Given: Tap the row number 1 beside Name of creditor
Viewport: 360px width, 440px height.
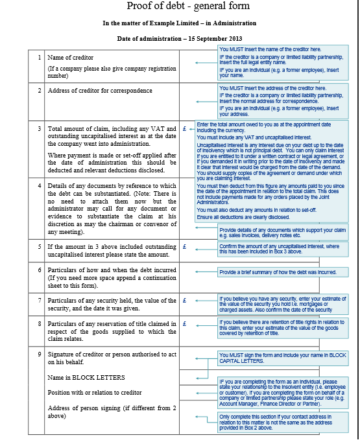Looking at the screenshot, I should (x=40, y=58).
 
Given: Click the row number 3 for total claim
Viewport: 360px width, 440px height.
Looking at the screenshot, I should (x=40, y=129).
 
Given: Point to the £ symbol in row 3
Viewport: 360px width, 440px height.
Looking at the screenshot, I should (x=185, y=129).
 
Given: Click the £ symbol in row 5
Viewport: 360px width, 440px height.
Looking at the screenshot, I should (x=185, y=248).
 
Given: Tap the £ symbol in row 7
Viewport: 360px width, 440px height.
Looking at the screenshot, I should (x=185, y=301).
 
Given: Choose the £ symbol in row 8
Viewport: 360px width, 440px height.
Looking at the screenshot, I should (x=185, y=322).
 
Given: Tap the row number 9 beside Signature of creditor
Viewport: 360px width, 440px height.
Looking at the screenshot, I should (x=40, y=354).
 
